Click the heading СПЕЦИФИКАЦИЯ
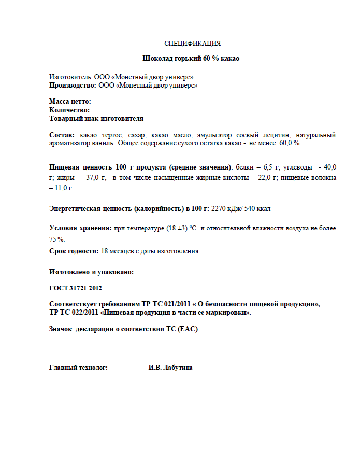click(x=192, y=44)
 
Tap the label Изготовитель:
click(x=70, y=76)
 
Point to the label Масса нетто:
click(x=70, y=102)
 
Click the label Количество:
click(x=70, y=110)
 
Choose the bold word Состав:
click(x=62, y=135)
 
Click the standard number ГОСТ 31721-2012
click(x=79, y=288)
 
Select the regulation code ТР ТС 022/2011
click(x=73, y=313)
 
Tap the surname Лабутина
click(x=178, y=368)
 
